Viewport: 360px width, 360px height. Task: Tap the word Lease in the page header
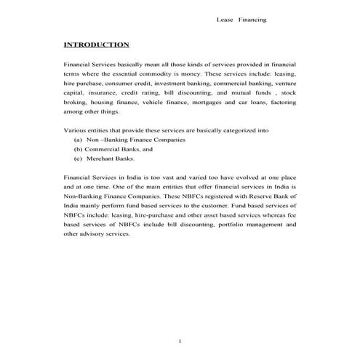225,19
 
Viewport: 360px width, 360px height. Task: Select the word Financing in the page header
252,19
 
